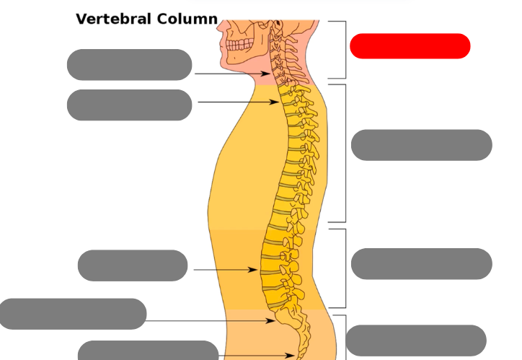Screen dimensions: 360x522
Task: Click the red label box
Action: (410, 46)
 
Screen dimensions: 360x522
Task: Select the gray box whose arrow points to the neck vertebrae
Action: (129, 65)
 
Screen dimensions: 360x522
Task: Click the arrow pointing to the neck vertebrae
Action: (231, 74)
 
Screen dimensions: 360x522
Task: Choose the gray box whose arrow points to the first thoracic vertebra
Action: (129, 105)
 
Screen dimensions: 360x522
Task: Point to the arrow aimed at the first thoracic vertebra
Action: (238, 102)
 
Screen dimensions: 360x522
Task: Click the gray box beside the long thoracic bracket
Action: (421, 145)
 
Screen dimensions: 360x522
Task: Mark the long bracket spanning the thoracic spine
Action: (344, 153)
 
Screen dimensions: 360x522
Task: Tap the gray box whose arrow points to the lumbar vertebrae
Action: (132, 265)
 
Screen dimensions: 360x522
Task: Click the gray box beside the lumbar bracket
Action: (421, 263)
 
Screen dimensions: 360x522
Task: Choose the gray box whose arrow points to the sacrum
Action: (73, 314)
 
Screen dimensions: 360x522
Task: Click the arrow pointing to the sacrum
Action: (210, 320)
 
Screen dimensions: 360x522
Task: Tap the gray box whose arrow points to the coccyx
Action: (147, 351)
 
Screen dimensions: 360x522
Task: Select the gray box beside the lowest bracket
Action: (416, 341)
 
